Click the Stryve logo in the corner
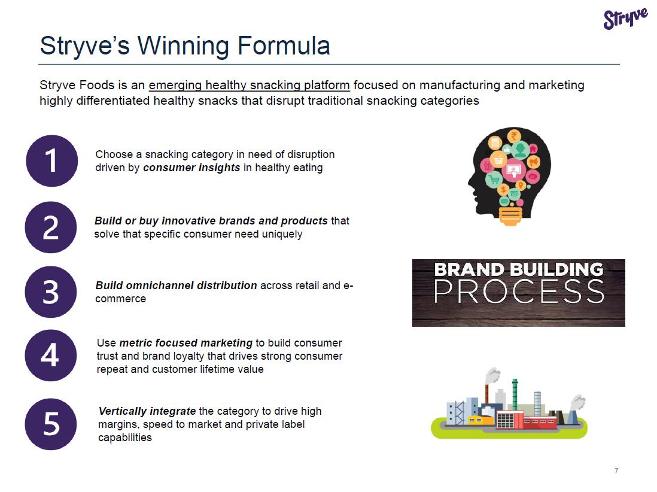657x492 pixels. tap(625, 19)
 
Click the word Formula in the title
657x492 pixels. tap(284, 45)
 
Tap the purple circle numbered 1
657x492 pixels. tap(52, 160)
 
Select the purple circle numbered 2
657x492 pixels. tap(51, 227)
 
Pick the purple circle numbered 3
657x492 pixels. tap(51, 291)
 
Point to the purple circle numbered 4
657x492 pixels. tap(51, 356)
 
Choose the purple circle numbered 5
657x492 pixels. tap(51, 424)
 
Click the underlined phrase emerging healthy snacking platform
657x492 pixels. tap(250, 86)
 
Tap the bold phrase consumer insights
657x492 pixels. tap(191, 168)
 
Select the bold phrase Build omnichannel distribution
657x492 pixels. tap(176, 286)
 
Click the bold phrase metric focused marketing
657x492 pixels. tap(186, 343)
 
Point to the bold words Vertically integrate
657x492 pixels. tap(147, 411)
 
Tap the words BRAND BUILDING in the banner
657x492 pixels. tap(519, 269)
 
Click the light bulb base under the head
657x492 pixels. tap(510, 216)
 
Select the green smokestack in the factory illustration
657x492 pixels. tap(515, 394)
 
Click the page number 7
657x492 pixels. tap(616, 470)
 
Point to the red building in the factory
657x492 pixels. tap(527, 420)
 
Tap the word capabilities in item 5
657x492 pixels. tap(125, 438)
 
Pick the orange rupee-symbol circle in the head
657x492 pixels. tap(514, 136)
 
